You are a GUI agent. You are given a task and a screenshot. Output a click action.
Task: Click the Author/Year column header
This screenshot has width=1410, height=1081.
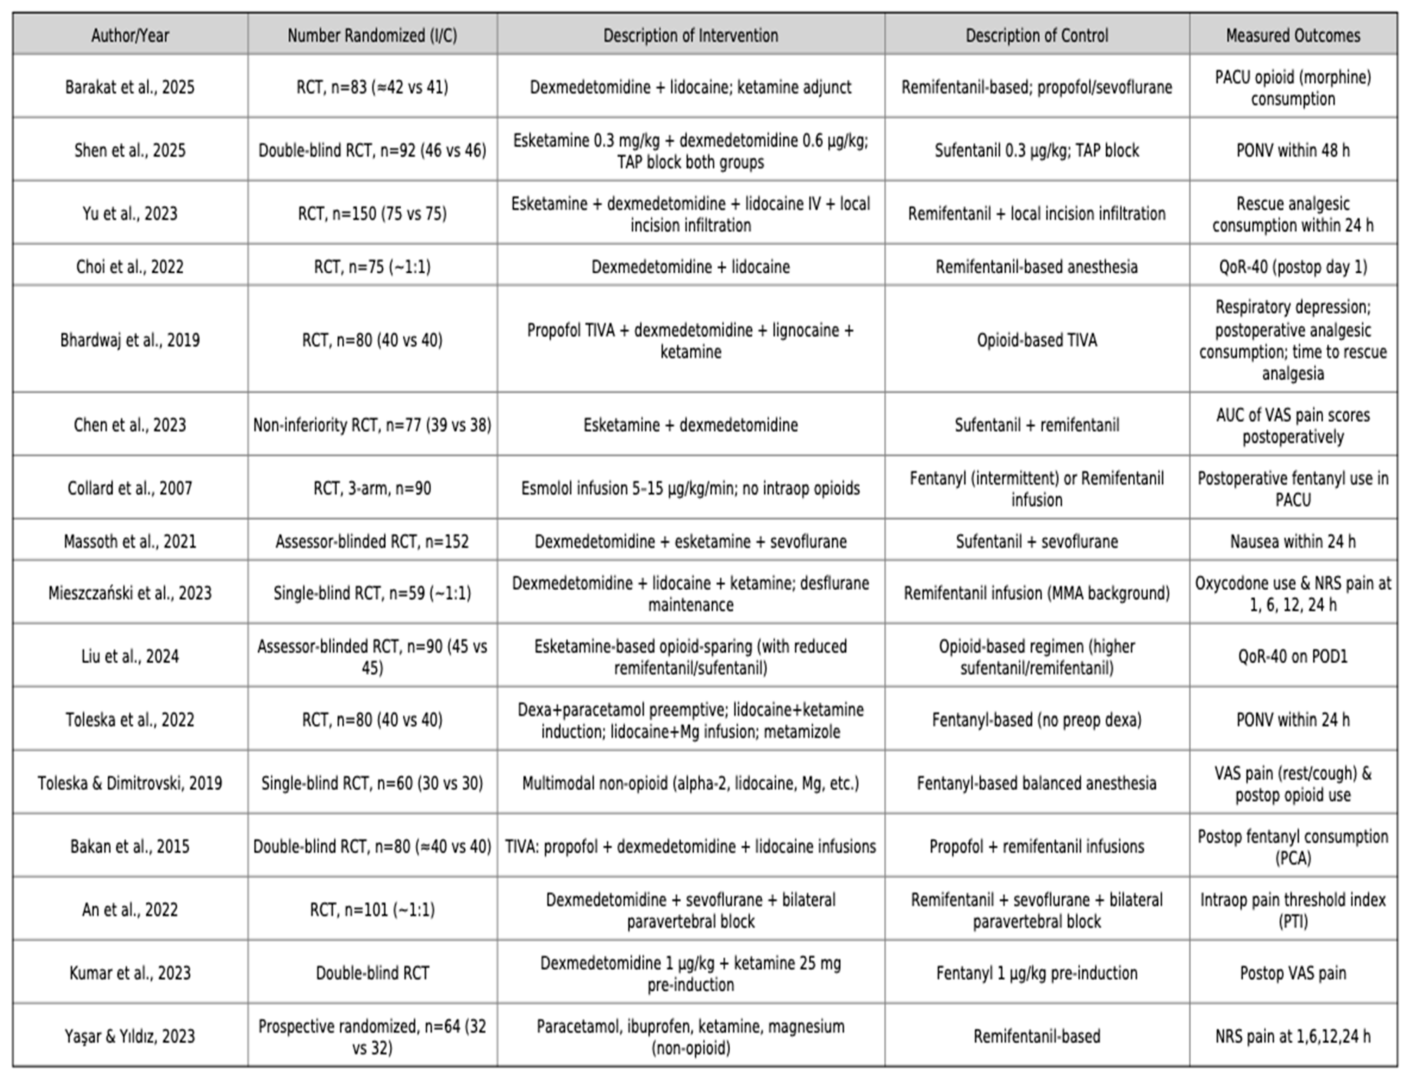130,36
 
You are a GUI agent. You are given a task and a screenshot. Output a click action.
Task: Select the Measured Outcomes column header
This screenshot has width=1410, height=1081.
1292,36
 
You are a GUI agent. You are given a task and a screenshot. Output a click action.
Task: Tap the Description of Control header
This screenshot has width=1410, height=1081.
1036,36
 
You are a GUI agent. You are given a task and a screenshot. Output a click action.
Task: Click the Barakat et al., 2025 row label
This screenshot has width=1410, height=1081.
130,87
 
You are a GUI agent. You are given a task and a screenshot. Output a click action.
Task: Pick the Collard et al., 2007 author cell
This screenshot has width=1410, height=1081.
130,488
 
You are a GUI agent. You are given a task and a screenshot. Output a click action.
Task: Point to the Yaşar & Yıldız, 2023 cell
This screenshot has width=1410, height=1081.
130,1036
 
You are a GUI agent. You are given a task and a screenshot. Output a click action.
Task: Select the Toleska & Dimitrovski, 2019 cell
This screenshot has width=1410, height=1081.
130,783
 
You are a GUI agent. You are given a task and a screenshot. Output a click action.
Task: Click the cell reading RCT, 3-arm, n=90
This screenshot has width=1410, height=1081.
372,488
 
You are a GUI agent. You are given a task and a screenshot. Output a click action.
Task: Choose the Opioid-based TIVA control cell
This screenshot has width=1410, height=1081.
1036,340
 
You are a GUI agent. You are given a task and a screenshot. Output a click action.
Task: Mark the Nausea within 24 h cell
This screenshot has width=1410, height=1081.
1292,541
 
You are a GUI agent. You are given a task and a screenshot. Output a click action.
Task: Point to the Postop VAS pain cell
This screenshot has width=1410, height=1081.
1292,973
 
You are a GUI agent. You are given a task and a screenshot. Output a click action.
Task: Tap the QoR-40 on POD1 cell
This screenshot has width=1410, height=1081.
1292,656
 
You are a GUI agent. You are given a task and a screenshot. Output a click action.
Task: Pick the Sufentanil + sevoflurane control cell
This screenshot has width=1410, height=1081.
1036,541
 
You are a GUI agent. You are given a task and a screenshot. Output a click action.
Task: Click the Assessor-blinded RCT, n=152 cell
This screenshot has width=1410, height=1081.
372,541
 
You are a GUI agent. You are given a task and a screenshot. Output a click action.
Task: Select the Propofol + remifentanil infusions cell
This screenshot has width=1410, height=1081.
1036,846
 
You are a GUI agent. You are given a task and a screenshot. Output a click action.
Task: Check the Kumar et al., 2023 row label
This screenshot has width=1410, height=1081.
130,973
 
